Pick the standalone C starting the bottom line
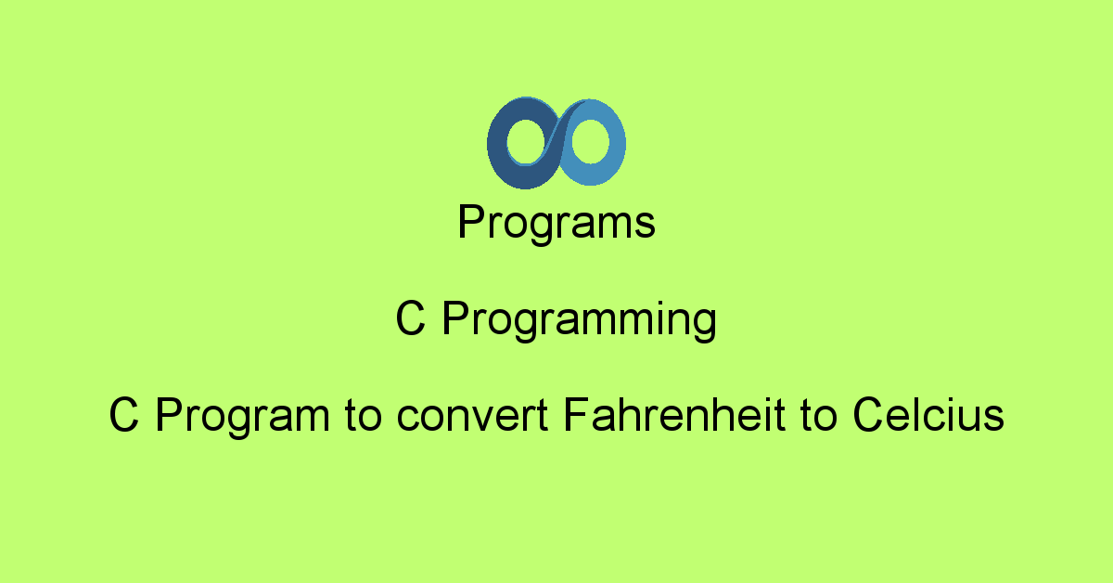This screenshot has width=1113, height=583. [x=123, y=416]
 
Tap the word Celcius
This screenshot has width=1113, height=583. [x=927, y=415]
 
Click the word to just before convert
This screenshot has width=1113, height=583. [x=365, y=416]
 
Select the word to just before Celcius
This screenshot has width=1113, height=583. [x=815, y=416]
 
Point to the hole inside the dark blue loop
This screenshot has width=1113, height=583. [x=524, y=143]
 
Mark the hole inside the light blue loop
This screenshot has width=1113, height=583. [x=590, y=143]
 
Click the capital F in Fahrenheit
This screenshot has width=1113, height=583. [x=575, y=415]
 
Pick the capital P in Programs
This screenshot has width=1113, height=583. [x=470, y=223]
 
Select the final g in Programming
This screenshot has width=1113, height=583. [x=704, y=325]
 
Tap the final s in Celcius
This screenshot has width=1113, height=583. [x=994, y=417]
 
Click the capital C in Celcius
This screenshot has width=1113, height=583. [x=867, y=415]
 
